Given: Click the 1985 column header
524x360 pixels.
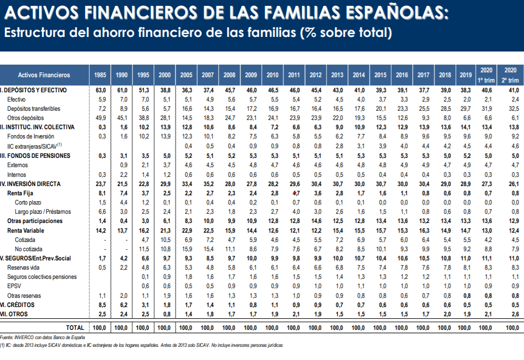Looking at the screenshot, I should tap(100, 75).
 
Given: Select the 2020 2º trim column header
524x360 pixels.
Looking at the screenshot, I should tap(510, 75).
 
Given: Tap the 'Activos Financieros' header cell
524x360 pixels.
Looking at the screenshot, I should tap(44, 75).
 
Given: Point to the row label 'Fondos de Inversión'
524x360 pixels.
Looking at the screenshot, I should tap(31, 137).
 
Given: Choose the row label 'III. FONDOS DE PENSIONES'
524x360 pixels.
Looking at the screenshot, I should tap(35, 156).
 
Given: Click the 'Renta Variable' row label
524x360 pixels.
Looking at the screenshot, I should tap(26, 230).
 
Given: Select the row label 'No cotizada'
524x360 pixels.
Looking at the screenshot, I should tap(28, 249).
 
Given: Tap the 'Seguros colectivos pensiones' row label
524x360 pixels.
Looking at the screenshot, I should tap(42, 277).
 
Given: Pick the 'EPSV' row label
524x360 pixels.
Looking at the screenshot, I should tap(14, 287).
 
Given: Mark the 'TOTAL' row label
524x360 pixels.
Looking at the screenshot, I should tap(74, 328).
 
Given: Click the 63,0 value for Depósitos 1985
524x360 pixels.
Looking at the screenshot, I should tap(100, 90).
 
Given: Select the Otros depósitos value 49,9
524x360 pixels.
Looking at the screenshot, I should tap(100, 118).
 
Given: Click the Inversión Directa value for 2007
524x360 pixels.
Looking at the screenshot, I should tap(208, 184).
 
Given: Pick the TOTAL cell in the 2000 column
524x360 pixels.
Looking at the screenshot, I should tap(164, 328).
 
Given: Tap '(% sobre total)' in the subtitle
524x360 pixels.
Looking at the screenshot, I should tap(346, 33).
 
